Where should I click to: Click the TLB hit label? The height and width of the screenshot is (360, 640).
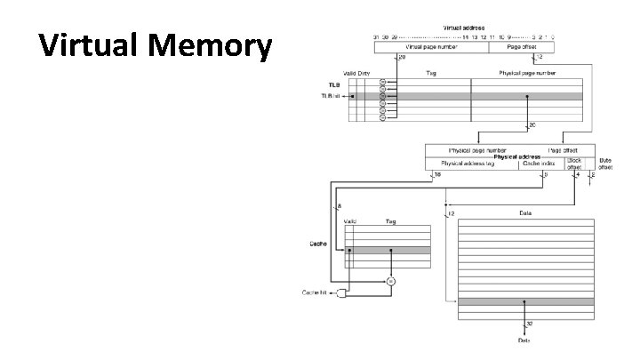[330, 96]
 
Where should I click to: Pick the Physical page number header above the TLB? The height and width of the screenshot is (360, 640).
[526, 72]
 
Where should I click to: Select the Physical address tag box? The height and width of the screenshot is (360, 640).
[471, 164]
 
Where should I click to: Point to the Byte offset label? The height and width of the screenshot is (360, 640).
[604, 164]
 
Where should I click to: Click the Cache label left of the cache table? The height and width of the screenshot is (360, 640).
[317, 243]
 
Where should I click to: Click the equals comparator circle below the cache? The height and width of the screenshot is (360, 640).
[390, 281]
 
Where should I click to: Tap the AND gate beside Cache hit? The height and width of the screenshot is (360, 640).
[347, 292]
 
